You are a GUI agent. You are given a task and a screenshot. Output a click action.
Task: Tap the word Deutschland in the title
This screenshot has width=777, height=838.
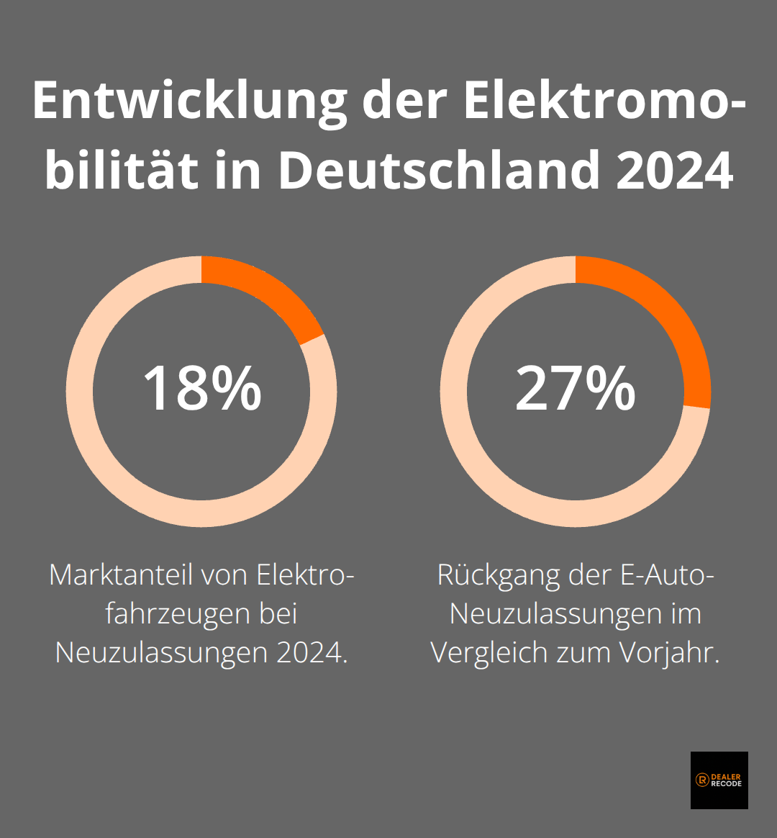pyautogui.click(x=439, y=171)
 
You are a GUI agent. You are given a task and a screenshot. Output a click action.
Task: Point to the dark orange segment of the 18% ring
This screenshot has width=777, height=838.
pyautogui.click(x=266, y=292)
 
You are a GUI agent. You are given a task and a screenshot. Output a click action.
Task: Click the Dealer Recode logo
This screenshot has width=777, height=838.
pyautogui.click(x=719, y=780)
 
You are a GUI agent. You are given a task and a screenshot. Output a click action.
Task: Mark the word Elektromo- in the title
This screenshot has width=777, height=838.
pyautogui.click(x=603, y=102)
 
